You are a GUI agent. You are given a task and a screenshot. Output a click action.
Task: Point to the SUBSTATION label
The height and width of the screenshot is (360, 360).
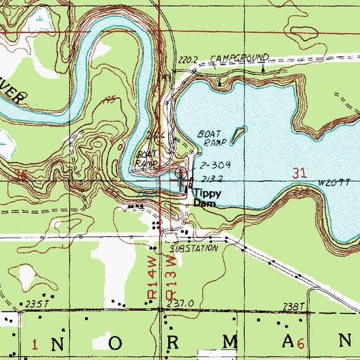(x=195, y=250)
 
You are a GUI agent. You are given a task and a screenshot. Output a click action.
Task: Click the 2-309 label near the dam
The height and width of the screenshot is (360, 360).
(x=211, y=166)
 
